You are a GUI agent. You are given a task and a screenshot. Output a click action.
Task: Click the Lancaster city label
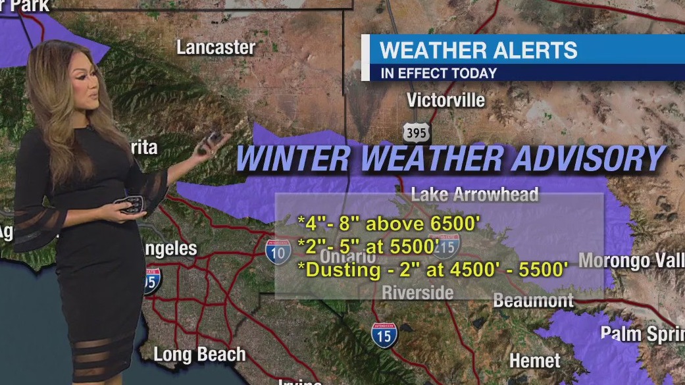pyautogui.click(x=216, y=47)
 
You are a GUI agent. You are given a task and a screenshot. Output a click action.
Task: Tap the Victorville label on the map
pyautogui.click(x=445, y=101)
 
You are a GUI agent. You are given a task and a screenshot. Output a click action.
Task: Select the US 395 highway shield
pyautogui.click(x=417, y=132)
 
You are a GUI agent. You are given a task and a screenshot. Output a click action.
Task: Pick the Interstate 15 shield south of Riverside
pyautogui.click(x=384, y=335)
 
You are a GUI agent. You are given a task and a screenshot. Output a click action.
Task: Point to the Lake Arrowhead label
pyautogui.click(x=474, y=194)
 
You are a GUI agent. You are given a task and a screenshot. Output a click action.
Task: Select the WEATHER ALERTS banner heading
pyautogui.click(x=478, y=50)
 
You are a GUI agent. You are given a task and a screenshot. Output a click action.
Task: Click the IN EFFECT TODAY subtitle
pyautogui.click(x=438, y=73)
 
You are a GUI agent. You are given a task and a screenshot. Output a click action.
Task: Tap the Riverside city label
pyautogui.click(x=418, y=292)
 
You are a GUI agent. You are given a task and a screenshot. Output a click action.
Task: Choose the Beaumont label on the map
pyautogui.click(x=533, y=301)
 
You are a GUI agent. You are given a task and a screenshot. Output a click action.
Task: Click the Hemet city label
pyautogui.click(x=535, y=361)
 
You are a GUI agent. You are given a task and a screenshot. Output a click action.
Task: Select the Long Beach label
pyautogui.click(x=199, y=354)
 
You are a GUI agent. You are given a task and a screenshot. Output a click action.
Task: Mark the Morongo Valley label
pyautogui.click(x=630, y=260)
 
